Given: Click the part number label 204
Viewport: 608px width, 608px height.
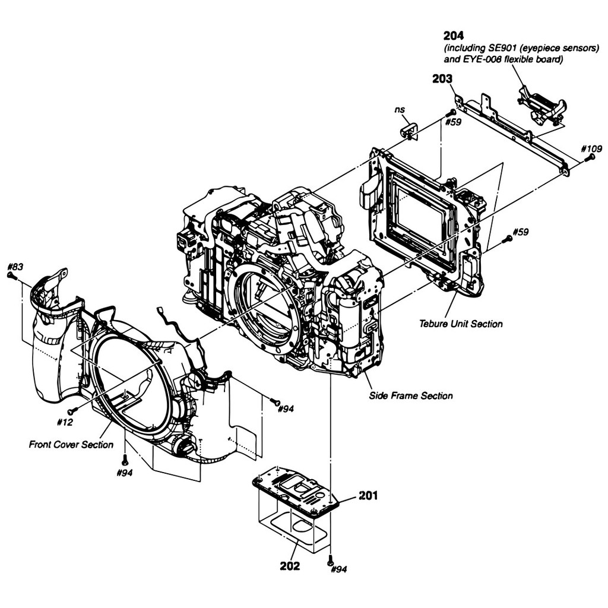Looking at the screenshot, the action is [x=453, y=36].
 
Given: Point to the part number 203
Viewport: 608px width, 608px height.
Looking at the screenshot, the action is [x=442, y=79].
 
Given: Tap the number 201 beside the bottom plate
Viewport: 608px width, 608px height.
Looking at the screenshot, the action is [x=368, y=496].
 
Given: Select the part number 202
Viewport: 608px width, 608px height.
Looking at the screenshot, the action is [x=290, y=566].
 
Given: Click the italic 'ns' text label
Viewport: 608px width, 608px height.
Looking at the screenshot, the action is [x=400, y=110].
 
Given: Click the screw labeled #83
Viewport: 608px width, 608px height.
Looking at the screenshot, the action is [x=11, y=275].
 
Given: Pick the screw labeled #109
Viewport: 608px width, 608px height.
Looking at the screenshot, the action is [x=590, y=158].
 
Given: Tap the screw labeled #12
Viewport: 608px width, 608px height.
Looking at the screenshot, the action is [x=72, y=410].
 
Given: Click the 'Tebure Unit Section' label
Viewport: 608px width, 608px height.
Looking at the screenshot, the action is [x=461, y=324].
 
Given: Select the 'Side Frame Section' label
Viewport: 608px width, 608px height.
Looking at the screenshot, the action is [x=411, y=396].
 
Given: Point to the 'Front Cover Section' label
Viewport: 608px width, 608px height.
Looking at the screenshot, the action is [x=71, y=444].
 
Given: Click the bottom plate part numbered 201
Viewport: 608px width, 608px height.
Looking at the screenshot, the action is [x=296, y=490].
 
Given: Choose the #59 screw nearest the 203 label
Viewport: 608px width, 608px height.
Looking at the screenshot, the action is [x=450, y=113].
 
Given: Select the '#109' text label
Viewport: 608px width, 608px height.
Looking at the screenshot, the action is [x=592, y=149].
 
